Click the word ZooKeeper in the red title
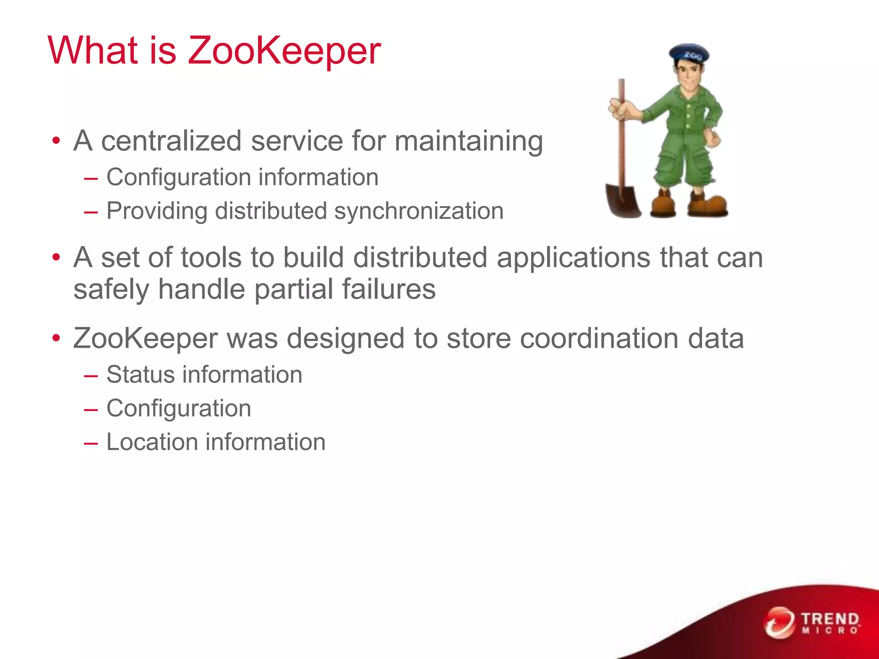tap(284, 51)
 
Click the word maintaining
tap(469, 142)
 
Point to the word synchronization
tap(418, 211)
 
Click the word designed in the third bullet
tap(346, 339)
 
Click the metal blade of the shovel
tap(622, 200)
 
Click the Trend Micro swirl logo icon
tap(779, 622)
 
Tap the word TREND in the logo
tap(830, 619)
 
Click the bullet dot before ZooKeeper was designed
tap(56, 339)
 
